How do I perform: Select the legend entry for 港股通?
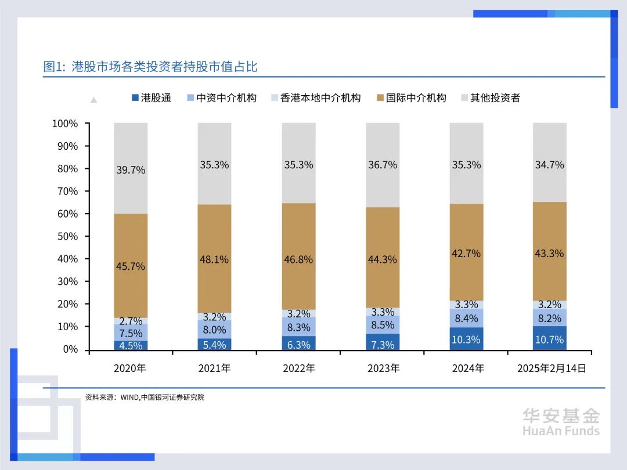152,98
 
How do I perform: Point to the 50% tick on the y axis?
66,237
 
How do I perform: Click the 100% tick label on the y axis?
64,124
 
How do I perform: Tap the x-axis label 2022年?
298,368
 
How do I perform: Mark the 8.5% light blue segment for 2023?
383,325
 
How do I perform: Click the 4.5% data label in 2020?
131,345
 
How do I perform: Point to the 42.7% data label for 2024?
466,253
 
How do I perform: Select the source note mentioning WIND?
145,397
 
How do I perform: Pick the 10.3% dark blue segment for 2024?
466,339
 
